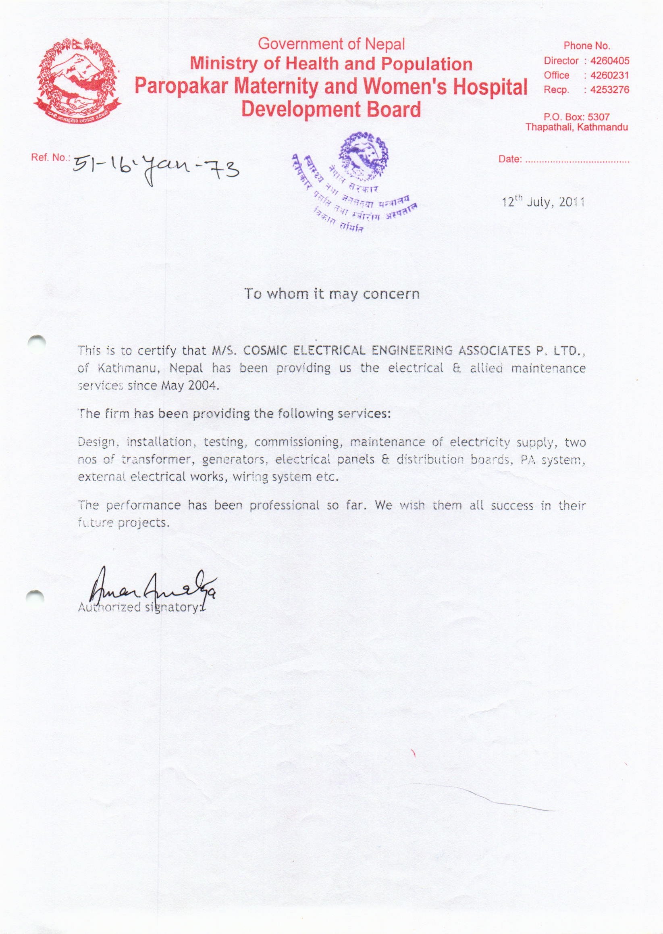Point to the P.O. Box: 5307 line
pyautogui.click(x=576, y=118)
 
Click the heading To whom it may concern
pyautogui.click(x=331, y=294)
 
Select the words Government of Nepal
pyautogui.click(x=331, y=44)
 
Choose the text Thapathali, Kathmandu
pyautogui.click(x=576, y=127)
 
